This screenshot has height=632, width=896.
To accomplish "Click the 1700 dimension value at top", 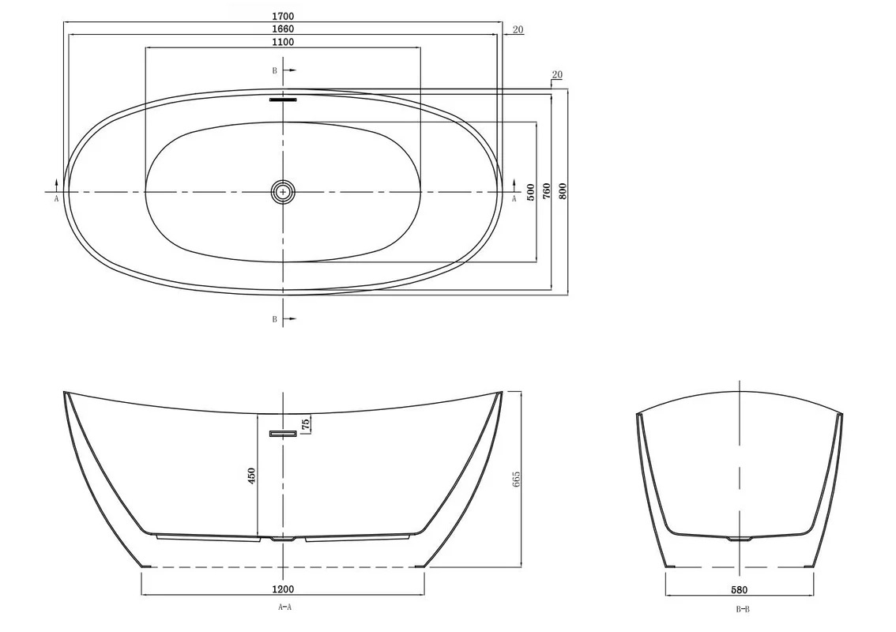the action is (283, 17).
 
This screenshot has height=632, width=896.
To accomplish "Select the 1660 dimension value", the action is (283, 28).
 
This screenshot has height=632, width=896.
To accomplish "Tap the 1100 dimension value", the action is (283, 42).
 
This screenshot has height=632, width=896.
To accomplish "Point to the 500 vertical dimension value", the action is (531, 192).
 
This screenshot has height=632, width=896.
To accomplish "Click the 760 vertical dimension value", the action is (546, 191).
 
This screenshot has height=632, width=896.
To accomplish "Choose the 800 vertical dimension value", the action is (563, 191).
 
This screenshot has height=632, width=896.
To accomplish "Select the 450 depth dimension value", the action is (251, 476).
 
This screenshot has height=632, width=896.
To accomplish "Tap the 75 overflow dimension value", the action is (306, 424).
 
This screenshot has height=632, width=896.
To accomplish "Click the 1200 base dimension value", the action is (283, 589).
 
